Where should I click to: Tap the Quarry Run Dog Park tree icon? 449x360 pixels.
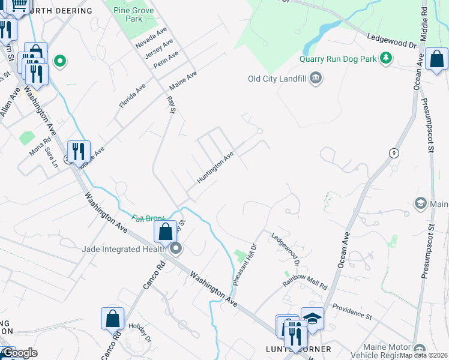click(388, 58)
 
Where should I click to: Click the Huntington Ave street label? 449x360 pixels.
click(215, 168)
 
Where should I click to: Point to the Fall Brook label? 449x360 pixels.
click(149, 220)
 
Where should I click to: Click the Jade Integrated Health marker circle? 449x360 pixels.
click(175, 248)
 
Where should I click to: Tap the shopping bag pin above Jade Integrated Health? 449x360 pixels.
click(165, 232)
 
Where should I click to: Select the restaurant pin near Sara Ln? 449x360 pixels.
click(78, 151)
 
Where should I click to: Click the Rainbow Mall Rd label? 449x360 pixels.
click(305, 280)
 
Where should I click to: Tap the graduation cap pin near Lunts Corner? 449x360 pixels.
click(312, 318)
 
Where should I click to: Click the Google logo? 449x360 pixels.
click(19, 353)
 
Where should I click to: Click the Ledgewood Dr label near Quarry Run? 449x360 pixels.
click(391, 41)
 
